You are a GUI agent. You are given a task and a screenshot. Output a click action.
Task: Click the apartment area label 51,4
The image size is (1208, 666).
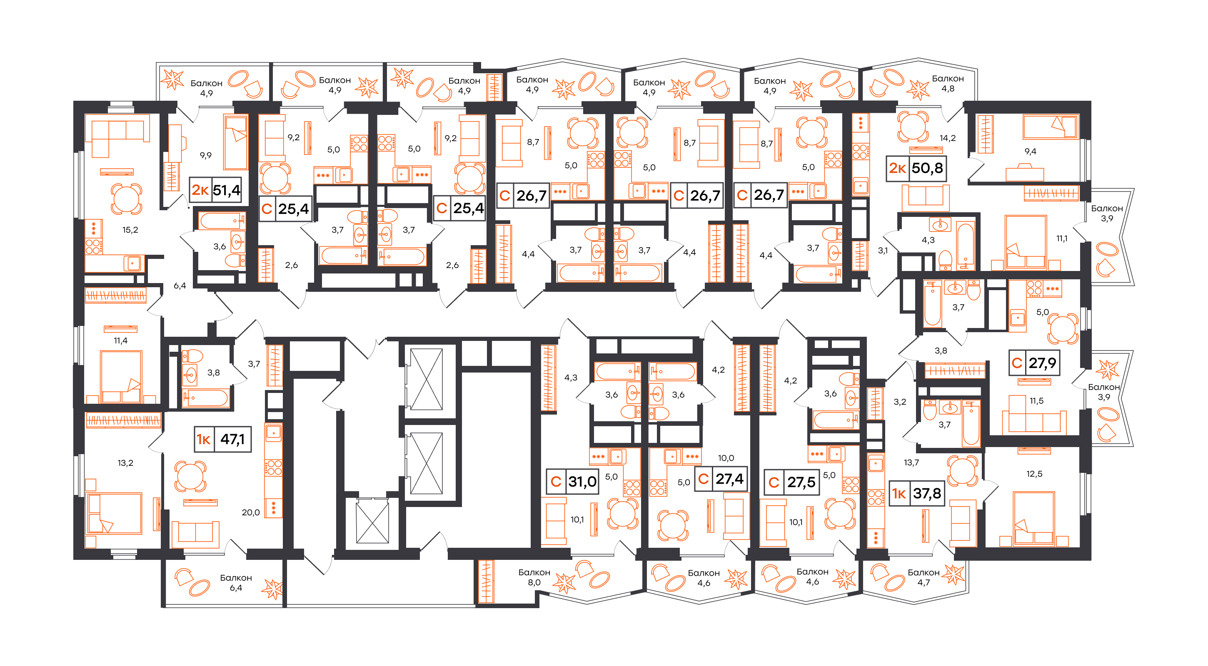pos(227,190)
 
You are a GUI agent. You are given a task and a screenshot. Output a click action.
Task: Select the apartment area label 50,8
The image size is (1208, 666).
pos(927,168)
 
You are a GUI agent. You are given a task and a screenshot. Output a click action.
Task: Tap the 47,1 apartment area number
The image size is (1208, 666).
pos(232,439)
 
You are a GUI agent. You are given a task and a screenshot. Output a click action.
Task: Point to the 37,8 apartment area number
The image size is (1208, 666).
pos(927,493)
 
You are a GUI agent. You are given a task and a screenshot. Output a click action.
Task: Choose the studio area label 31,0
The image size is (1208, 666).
pos(582,481)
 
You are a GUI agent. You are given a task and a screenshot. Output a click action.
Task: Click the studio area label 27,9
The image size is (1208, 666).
pos(1043,363)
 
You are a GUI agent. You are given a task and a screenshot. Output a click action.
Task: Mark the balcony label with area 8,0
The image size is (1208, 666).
pos(534,577)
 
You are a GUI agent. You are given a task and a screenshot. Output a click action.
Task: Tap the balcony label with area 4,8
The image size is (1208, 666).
pos(948,83)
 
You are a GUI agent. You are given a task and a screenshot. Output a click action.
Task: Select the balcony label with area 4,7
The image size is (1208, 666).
pos(923,577)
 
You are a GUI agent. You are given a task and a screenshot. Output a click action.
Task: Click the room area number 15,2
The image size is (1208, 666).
pos(130,230)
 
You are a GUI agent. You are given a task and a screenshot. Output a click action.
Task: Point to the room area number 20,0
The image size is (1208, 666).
pos(251,512)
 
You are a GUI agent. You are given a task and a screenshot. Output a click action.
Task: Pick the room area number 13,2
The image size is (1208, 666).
pos(125,463)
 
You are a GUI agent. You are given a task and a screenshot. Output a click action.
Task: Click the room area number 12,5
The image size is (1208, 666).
pos(1034,474)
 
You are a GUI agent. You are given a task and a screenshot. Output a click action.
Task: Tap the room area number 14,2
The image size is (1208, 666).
pos(948,138)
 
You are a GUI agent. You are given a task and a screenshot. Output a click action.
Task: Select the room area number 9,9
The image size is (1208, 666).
pos(206,155)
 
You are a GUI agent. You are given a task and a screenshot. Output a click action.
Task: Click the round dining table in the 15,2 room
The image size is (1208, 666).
pos(126,199)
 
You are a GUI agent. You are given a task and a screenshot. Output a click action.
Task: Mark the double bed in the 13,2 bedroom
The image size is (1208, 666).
pos(115,513)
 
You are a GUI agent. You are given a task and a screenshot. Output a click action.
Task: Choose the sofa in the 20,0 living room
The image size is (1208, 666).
pos(195,534)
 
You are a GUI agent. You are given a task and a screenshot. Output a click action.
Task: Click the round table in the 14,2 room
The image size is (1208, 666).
pos(913,126)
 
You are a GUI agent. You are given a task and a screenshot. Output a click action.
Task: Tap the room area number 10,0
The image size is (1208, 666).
pos(726,458)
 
